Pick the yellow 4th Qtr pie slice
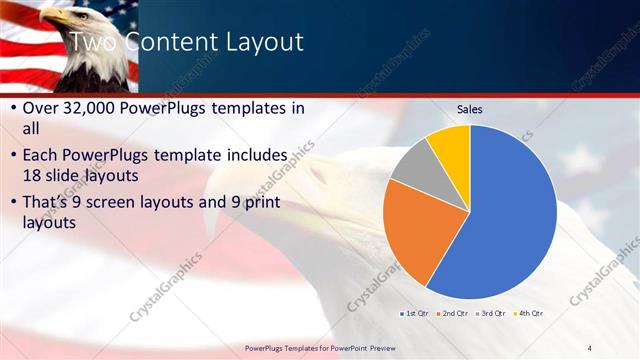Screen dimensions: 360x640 [x=451, y=145]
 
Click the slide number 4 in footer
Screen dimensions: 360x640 [x=589, y=347]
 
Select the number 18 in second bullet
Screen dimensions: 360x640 [x=33, y=178]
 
